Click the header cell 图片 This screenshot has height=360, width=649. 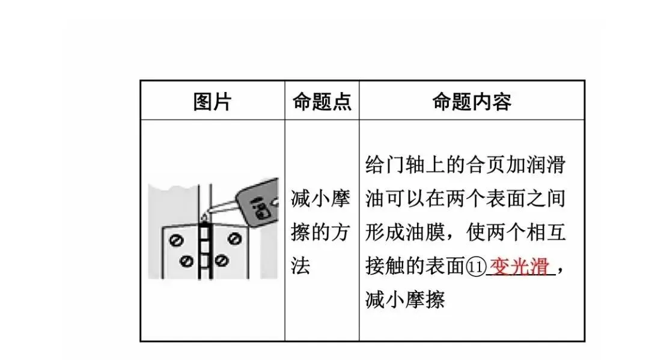click(212, 102)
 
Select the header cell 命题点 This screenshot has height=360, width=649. click(321, 102)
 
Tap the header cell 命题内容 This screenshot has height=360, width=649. click(472, 102)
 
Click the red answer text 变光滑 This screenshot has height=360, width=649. click(520, 266)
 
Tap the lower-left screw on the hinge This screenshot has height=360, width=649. click(187, 261)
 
